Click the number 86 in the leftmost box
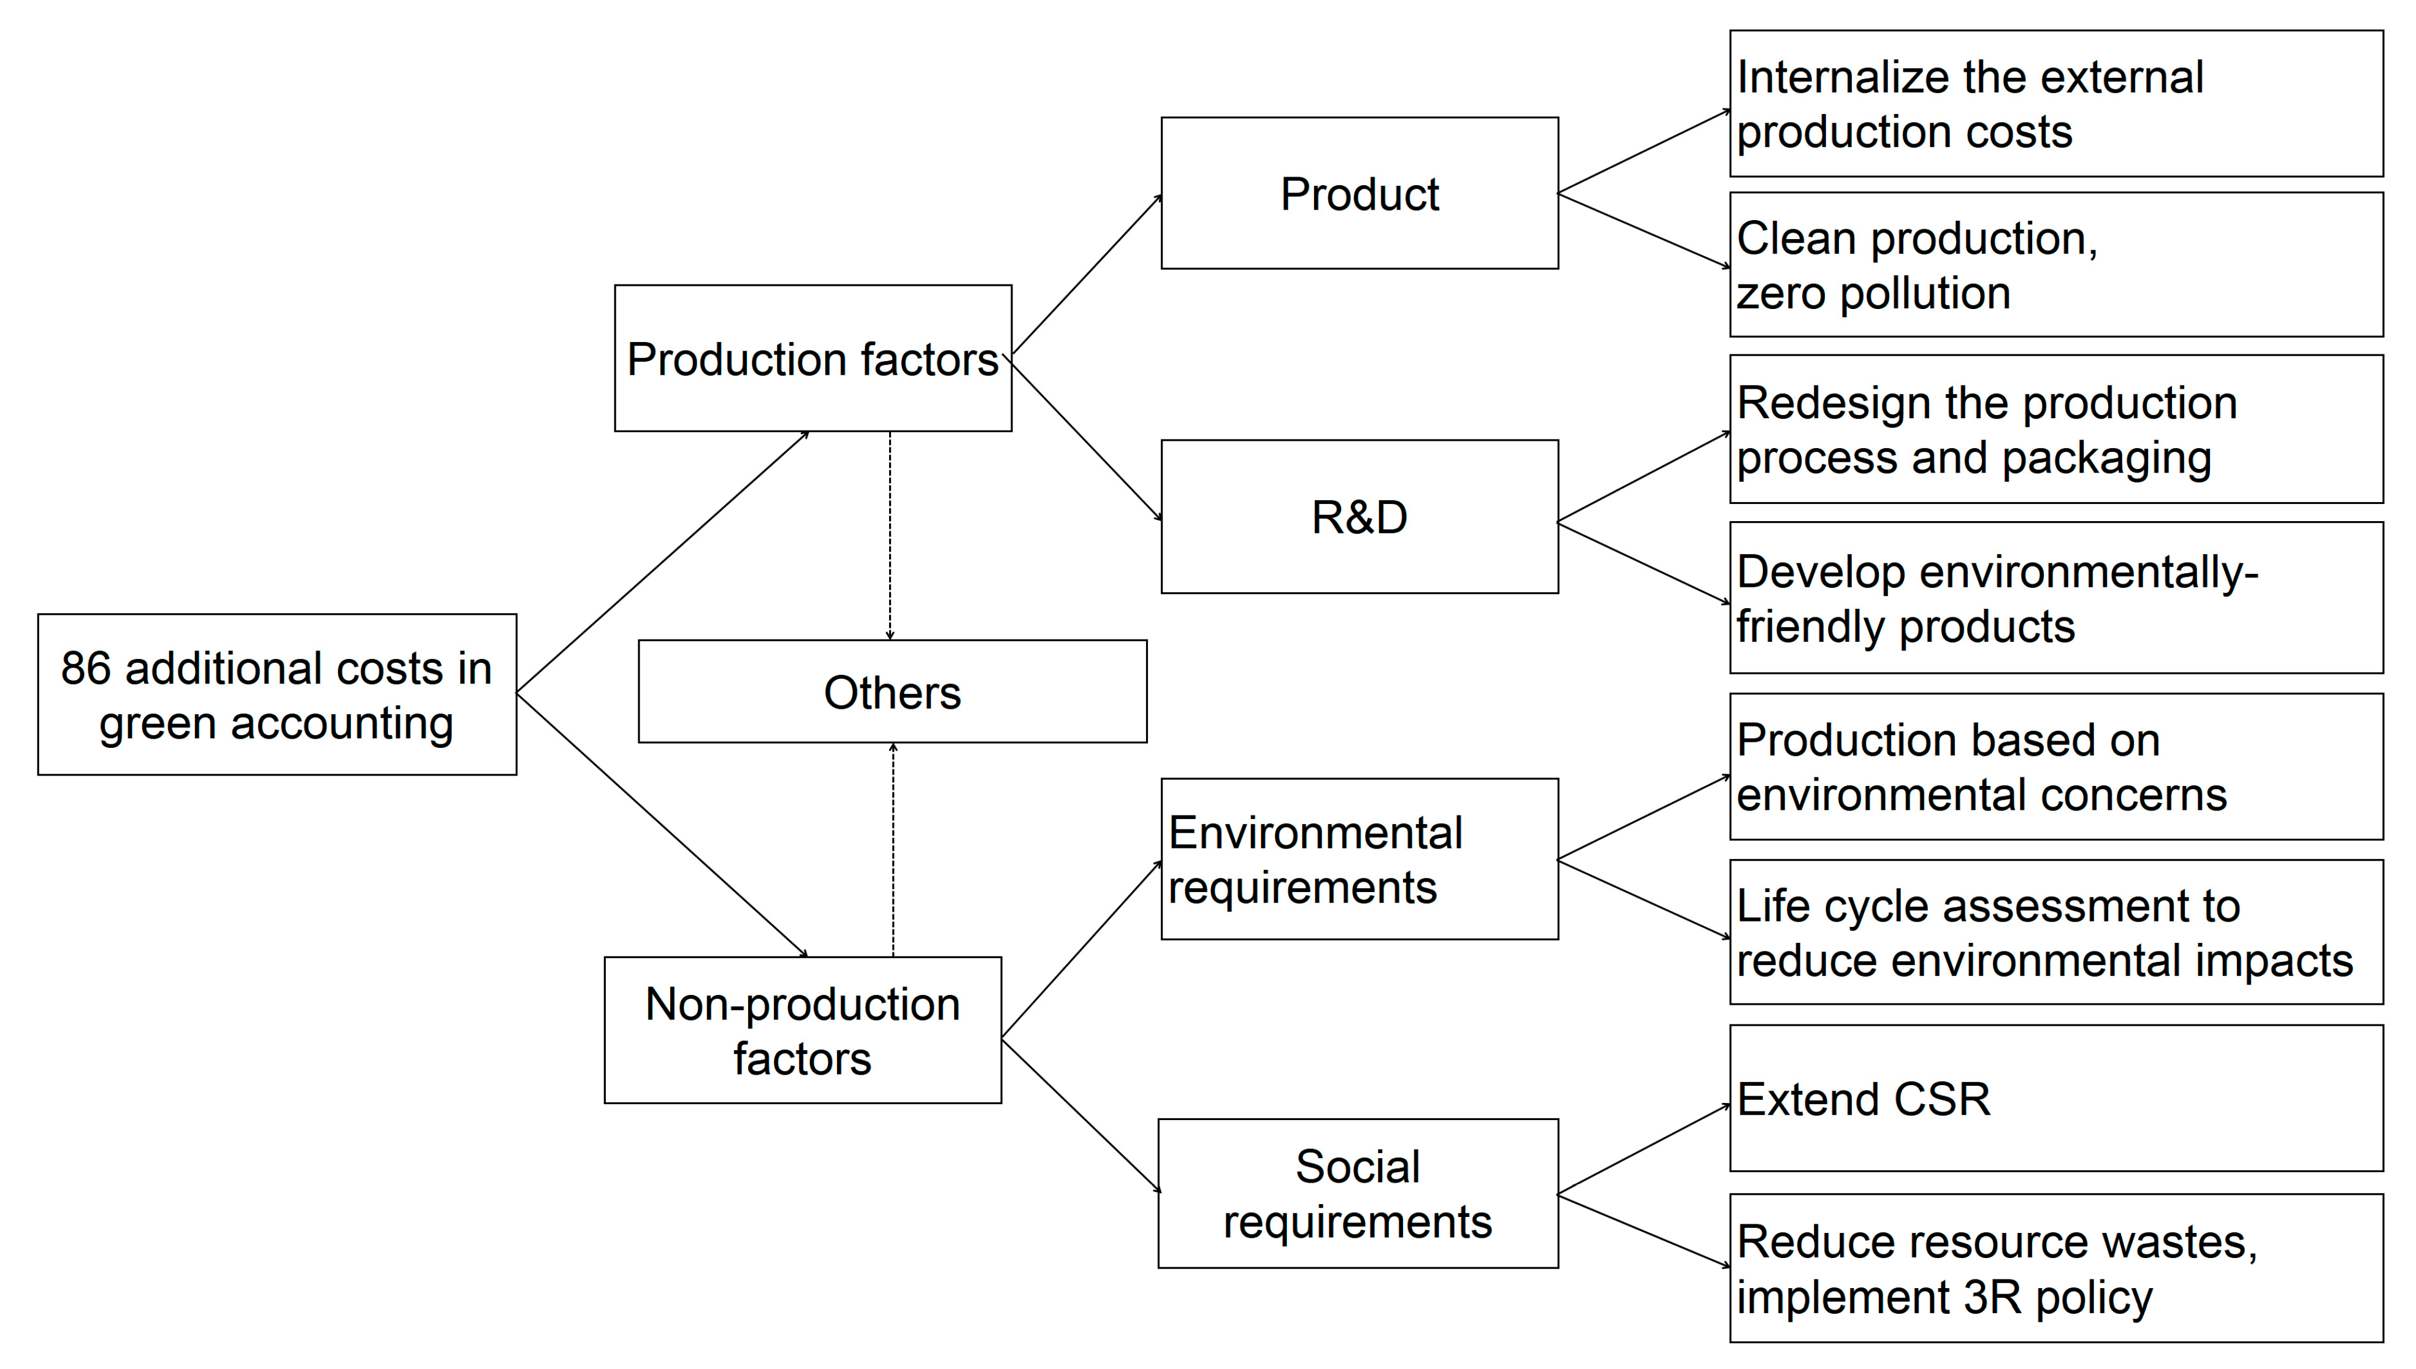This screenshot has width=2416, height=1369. (86, 668)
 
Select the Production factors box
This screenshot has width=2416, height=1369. (812, 358)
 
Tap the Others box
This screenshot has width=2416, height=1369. (892, 692)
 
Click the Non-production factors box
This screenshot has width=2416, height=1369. (802, 1031)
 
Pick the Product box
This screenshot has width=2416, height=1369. (1359, 194)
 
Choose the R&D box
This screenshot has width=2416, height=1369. (1359, 517)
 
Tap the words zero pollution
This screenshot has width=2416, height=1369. (1873, 293)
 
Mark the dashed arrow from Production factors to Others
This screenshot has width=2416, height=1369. (890, 536)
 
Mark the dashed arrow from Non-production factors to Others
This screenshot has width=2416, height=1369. (892, 851)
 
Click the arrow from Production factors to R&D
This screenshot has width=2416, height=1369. (1086, 439)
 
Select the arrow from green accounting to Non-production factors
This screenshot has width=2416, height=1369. (661, 825)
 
